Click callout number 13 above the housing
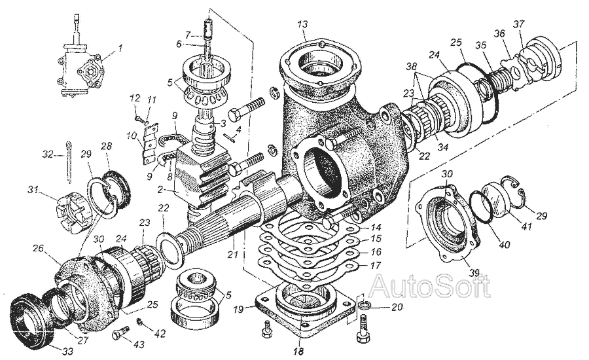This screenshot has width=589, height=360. point(302,24)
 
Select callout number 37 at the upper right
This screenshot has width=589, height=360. point(520,26)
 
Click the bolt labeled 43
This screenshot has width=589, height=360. point(118,335)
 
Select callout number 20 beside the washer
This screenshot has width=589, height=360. point(397,306)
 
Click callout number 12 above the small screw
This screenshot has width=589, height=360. point(136,99)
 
